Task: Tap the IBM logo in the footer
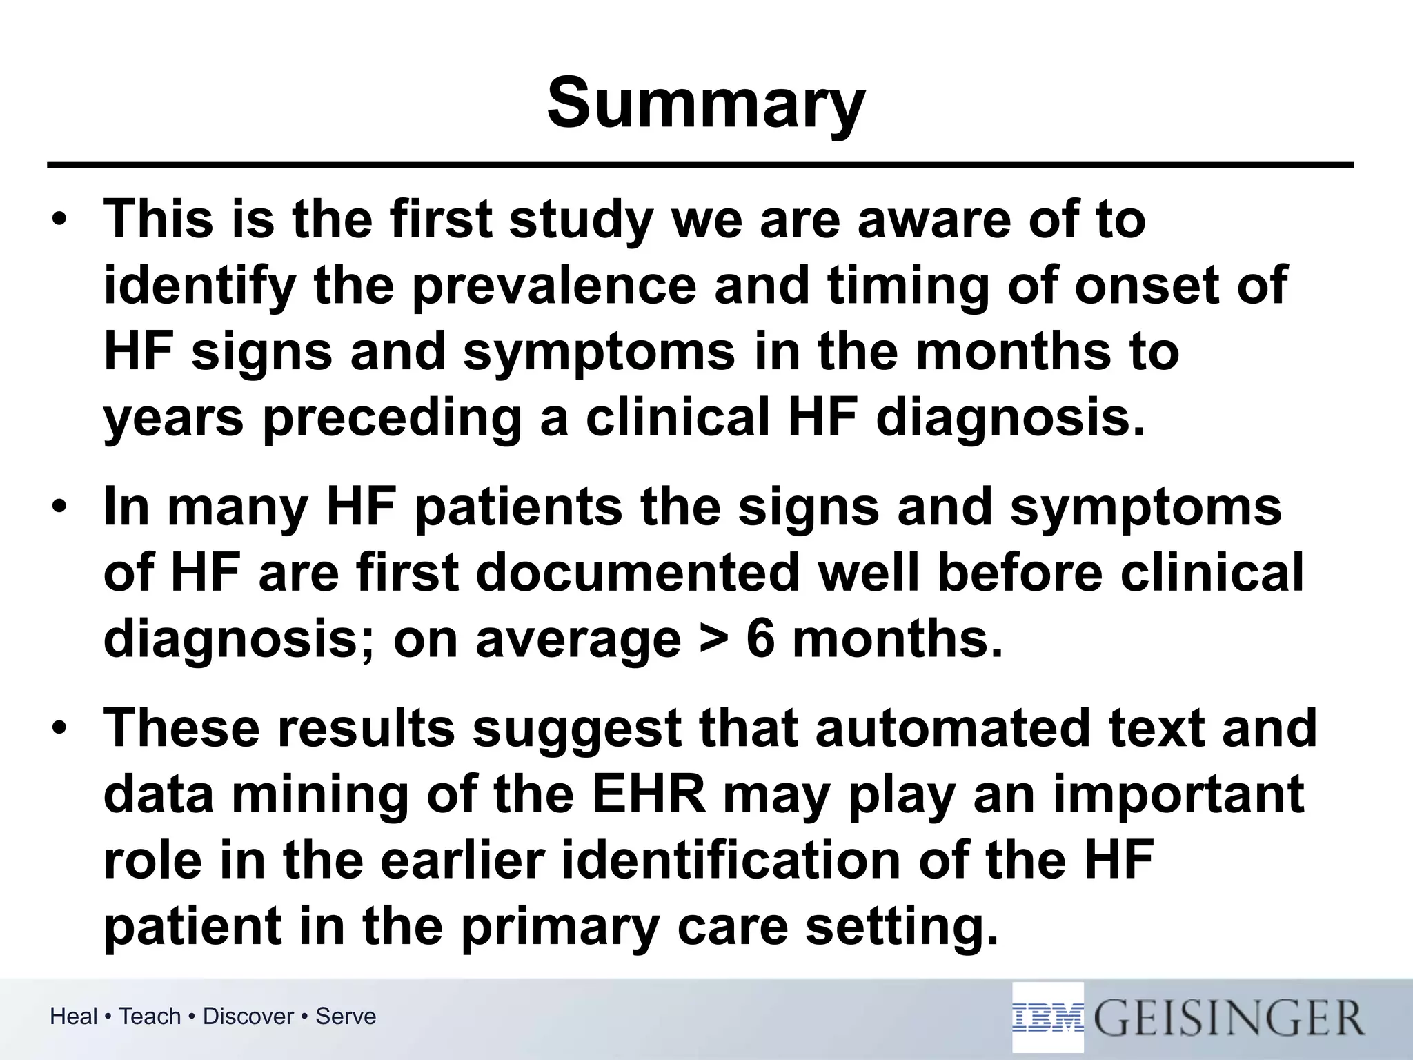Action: pyautogui.click(x=1048, y=1019)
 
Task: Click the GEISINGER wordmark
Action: pyautogui.click(x=1229, y=1019)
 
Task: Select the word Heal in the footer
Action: pyautogui.click(x=74, y=1017)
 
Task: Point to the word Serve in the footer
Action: pyautogui.click(x=346, y=1017)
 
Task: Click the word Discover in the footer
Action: pyautogui.click(x=248, y=1017)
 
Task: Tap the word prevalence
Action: pyautogui.click(x=554, y=285)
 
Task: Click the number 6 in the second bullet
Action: pyautogui.click(x=761, y=639)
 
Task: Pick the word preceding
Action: pyautogui.click(x=392, y=418)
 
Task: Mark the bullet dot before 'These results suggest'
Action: pyautogui.click(x=60, y=730)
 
